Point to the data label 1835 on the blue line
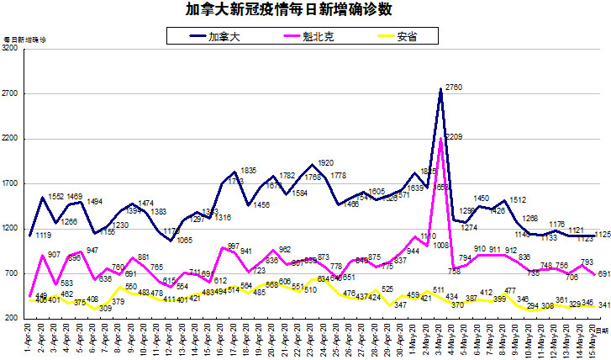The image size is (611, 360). coord(248,170)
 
